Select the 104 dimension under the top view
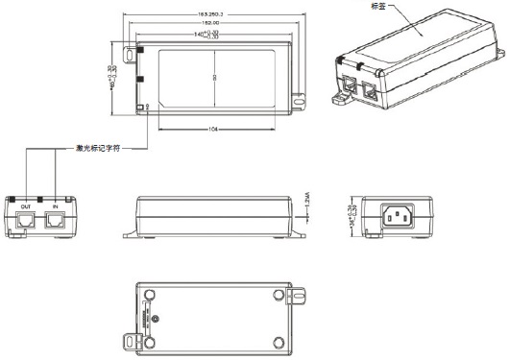click(211, 129)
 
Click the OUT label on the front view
click(26, 205)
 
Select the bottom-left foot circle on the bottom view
click(149, 340)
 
